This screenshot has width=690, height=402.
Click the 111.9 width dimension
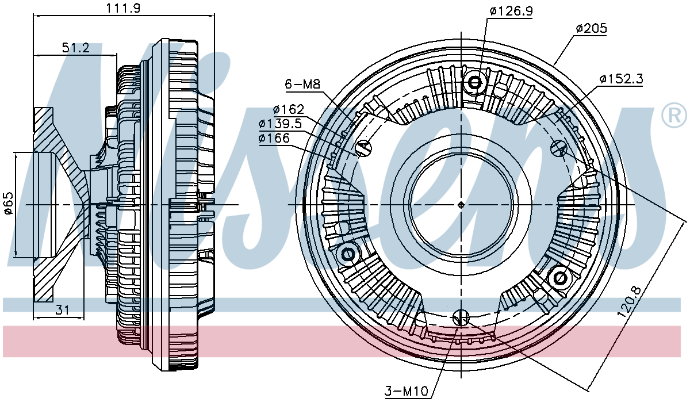coord(123,7)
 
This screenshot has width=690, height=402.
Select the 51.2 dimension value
coord(76,48)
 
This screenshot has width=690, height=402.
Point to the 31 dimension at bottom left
coord(63,309)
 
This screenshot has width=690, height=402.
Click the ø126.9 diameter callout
coord(511,11)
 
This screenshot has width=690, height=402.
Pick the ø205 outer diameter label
coord(591,28)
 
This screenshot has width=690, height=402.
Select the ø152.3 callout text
coord(622,79)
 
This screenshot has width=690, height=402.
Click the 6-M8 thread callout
coord(303,84)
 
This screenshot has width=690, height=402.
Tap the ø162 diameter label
coord(289,109)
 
